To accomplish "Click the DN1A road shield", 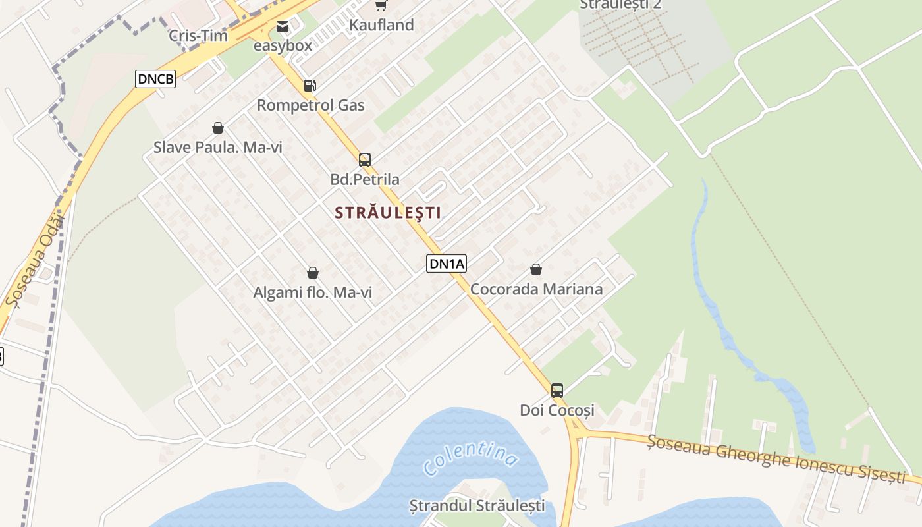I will click(x=447, y=264).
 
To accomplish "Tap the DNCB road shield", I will click(x=156, y=79).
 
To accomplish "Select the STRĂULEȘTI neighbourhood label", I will click(x=388, y=213).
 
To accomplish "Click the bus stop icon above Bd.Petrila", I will click(x=364, y=159).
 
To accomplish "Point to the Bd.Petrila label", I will click(x=365, y=179).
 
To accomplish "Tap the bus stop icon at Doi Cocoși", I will click(x=557, y=390).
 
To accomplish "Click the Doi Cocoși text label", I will click(x=557, y=410).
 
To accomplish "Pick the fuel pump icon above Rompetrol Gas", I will click(x=310, y=86).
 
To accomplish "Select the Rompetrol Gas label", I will click(x=310, y=105).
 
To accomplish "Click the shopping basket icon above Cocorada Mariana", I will click(x=536, y=269).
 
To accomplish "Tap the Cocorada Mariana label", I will click(x=536, y=289).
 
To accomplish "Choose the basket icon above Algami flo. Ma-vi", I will click(x=313, y=273).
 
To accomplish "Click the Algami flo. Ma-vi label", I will click(x=313, y=293).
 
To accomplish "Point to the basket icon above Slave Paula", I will click(x=218, y=128).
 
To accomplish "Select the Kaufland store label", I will click(x=382, y=25).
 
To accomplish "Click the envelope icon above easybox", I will click(x=283, y=26).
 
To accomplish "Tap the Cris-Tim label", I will click(x=198, y=36).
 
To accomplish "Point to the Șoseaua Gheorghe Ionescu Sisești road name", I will click(x=776, y=459).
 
